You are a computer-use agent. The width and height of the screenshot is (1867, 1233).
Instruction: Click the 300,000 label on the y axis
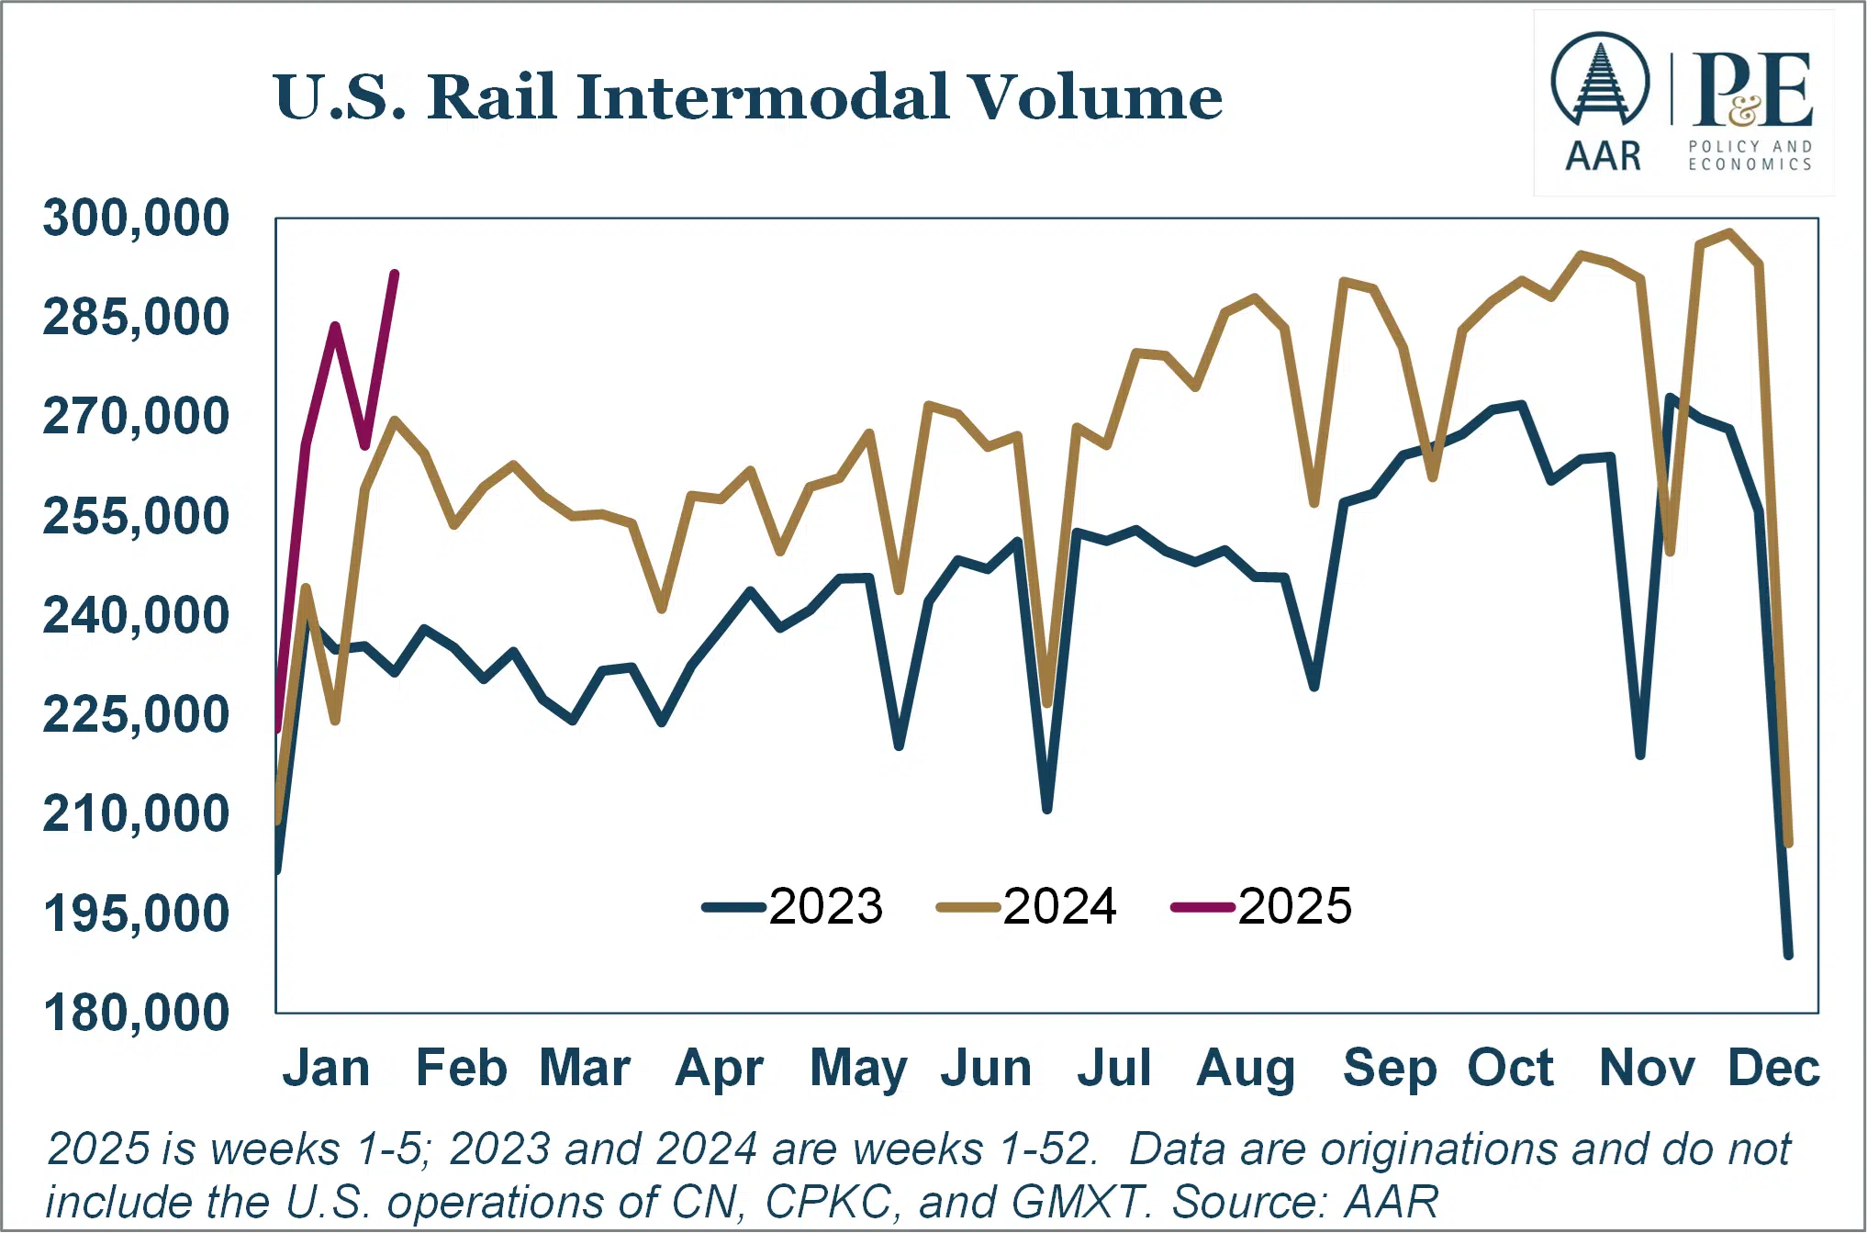coord(136,219)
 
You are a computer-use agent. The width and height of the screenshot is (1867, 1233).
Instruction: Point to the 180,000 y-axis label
coord(136,1013)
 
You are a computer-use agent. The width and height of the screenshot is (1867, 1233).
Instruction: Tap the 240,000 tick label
coord(136,615)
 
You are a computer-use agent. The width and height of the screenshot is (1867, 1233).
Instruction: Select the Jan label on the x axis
coord(326,1068)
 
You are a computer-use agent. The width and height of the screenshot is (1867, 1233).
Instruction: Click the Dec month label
coord(1773,1068)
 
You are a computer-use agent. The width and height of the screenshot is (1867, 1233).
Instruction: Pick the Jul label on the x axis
coord(1113,1068)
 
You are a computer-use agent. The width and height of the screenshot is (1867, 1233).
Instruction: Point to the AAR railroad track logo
coord(1600,83)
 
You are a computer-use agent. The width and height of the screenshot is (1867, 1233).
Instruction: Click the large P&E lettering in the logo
coord(1751,90)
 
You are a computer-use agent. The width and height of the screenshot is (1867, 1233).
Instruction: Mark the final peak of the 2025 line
coord(395,274)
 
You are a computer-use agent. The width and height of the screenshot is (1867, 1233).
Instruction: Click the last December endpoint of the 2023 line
coord(1788,956)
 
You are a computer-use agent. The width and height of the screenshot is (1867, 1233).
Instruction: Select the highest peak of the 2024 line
coord(1729,232)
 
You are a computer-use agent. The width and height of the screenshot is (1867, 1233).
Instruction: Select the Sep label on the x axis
coord(1389,1068)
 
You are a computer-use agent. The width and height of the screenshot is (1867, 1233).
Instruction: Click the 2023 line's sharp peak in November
coord(1671,398)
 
